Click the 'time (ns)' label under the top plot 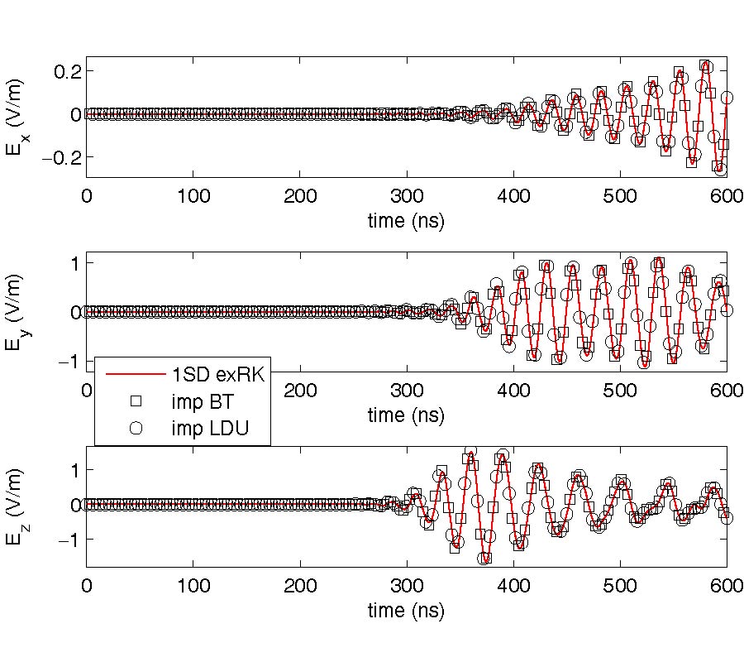(406, 221)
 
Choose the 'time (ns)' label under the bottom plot (406, 612)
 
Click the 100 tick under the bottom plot (193, 586)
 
